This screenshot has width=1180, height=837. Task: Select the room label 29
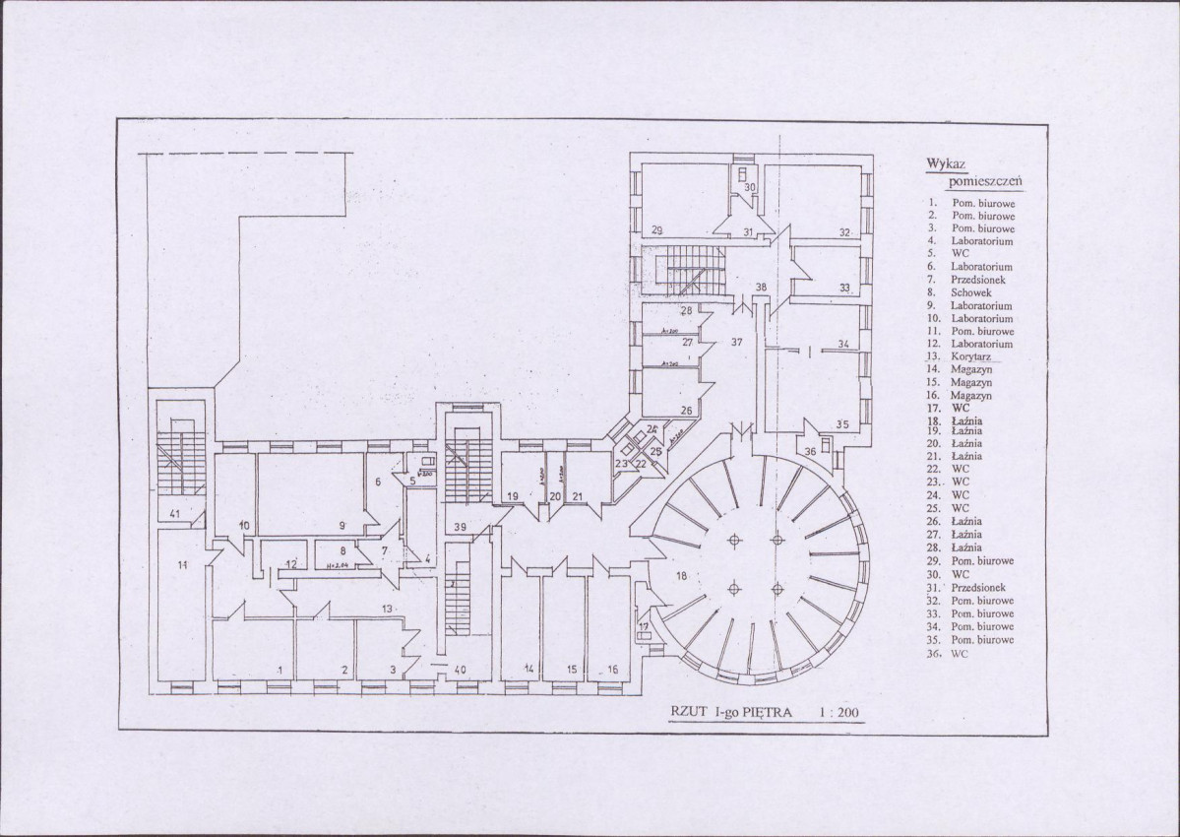(656, 230)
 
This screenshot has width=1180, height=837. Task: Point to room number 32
(844, 232)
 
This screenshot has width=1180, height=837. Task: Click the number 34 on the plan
(843, 344)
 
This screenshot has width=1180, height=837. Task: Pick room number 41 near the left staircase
(174, 513)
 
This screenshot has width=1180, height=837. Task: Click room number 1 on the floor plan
(280, 670)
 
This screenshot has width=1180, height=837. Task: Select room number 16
(612, 670)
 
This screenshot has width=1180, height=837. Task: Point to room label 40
(460, 670)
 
